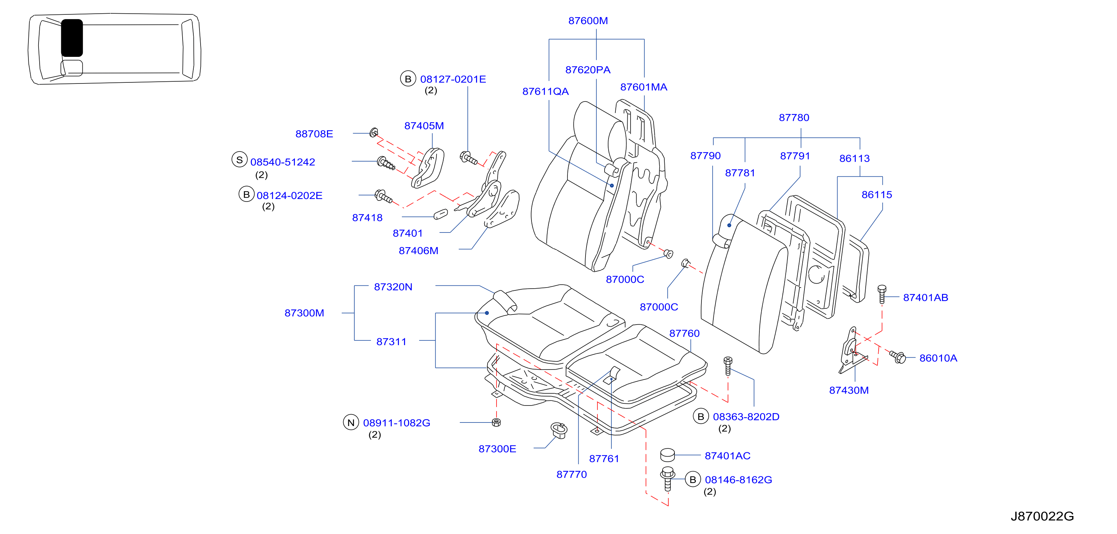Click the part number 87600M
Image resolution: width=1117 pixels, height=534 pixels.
coord(588,21)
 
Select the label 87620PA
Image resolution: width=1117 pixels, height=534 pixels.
coord(588,70)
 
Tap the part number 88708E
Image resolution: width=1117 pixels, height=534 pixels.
coord(314,134)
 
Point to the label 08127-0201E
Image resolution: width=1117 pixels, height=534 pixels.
coord(453,79)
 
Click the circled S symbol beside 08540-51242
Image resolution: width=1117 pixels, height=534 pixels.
coord(239,159)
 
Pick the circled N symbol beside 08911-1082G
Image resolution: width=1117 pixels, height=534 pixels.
coord(351,422)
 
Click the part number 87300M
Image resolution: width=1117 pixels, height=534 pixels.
coord(304,313)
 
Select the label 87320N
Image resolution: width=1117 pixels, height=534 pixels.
coord(393,287)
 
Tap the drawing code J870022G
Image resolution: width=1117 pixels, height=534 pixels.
coord(1042,516)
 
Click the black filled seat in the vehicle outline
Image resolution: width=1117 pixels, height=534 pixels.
coord(72,38)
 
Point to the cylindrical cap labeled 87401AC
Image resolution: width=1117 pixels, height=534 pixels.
coord(667,455)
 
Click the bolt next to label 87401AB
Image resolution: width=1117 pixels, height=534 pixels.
coord(882,294)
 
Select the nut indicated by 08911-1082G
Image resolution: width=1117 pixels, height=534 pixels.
coord(497,422)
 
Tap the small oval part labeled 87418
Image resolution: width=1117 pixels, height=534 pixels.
coord(440,214)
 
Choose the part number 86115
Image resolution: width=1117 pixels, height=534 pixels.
coord(876,195)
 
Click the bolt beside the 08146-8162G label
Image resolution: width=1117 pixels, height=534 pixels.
coord(667,479)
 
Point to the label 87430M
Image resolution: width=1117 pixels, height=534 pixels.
coord(849,390)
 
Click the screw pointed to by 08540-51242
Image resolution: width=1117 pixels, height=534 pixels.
coord(386,163)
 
